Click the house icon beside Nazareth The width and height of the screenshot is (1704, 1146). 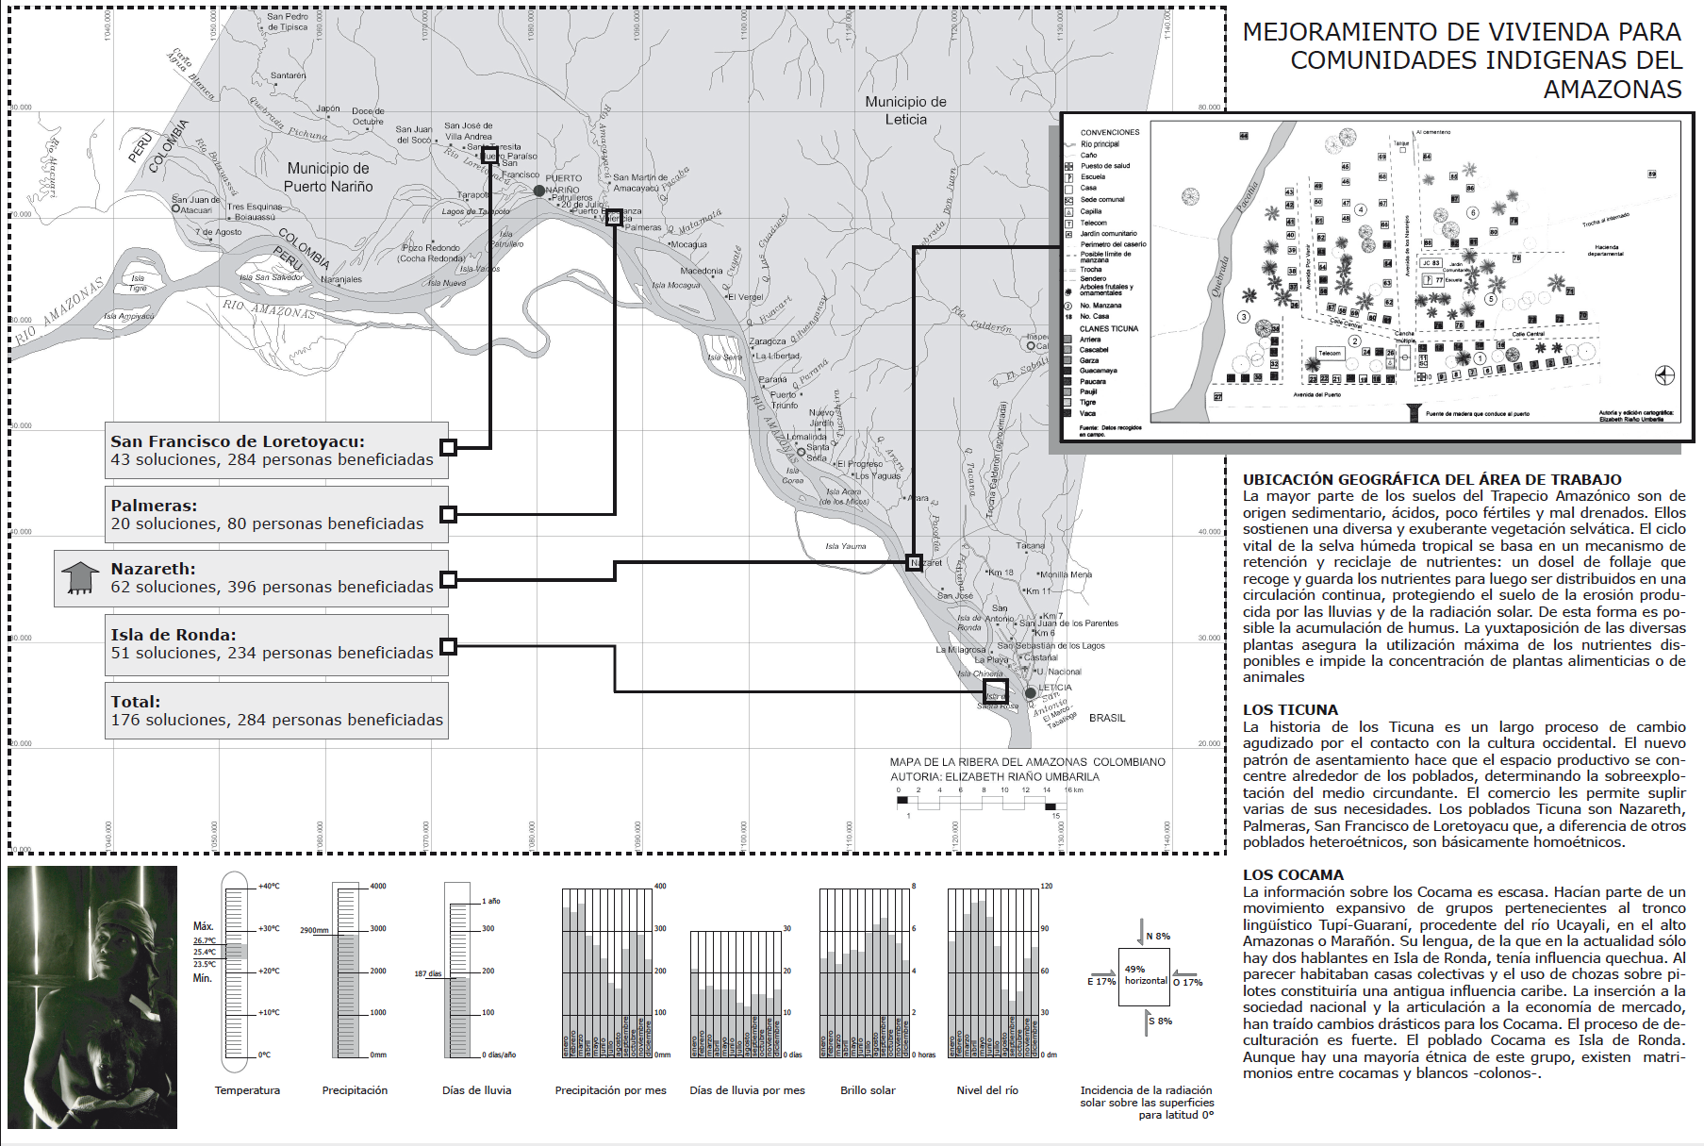click(x=79, y=578)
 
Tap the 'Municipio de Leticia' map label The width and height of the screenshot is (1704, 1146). click(x=905, y=110)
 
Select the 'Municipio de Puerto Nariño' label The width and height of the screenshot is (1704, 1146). click(x=328, y=177)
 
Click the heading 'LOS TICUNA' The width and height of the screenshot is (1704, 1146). click(x=1290, y=710)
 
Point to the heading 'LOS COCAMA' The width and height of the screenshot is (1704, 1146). click(x=1293, y=875)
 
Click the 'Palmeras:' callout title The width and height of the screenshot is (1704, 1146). click(x=154, y=506)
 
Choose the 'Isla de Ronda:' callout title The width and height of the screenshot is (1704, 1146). click(x=174, y=635)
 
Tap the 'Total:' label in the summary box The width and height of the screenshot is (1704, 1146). click(x=136, y=702)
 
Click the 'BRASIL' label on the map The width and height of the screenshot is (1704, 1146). click(x=1107, y=718)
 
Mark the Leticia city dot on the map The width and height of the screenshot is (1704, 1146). click(x=1031, y=693)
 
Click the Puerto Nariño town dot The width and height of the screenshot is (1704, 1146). click(x=539, y=191)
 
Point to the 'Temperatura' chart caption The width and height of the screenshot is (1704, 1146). click(x=247, y=1090)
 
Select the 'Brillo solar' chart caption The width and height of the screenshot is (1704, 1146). click(x=868, y=1090)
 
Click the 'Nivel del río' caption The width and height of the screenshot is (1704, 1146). click(x=987, y=1090)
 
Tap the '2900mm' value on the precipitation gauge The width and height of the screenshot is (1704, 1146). click(x=314, y=930)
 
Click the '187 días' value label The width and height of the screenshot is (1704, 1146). click(x=427, y=973)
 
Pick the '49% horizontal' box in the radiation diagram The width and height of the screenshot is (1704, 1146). click(x=1145, y=975)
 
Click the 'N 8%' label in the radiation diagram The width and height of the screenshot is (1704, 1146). click(x=1158, y=937)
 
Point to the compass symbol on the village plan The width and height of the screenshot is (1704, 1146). click(x=1664, y=376)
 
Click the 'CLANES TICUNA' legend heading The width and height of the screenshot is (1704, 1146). click(x=1109, y=329)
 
